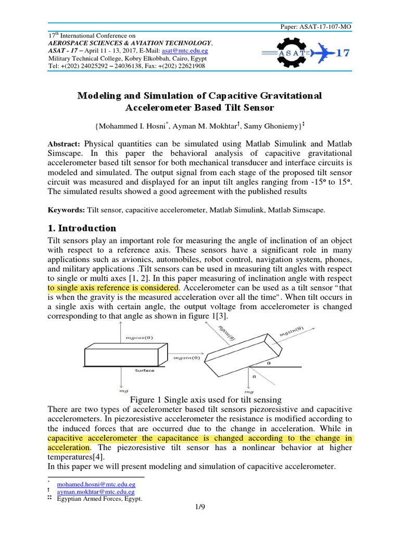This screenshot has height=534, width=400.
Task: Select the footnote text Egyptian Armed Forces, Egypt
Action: pos(99,498)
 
